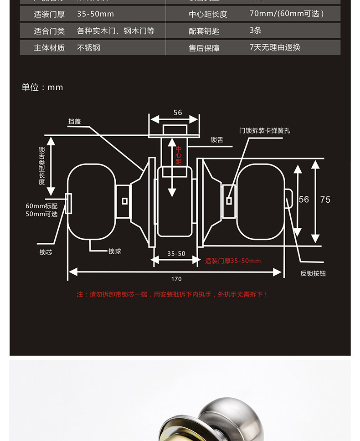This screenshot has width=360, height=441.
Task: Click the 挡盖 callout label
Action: coord(74,121)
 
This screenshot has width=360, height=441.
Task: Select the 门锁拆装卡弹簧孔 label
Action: coord(264,131)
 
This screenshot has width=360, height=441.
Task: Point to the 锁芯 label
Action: coord(46,252)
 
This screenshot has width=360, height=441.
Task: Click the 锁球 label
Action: coord(114,251)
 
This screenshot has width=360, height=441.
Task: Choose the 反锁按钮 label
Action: coord(313,273)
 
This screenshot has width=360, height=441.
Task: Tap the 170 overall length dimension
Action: coord(176,279)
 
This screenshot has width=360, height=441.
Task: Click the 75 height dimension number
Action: coord(325,200)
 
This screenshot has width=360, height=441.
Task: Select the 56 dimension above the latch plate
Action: coord(177,113)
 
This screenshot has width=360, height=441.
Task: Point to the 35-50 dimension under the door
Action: coord(176,254)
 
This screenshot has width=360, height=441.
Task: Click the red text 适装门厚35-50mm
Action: coord(233,261)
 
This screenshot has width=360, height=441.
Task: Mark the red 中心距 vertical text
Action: coord(179,155)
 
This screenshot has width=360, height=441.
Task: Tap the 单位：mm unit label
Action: coord(42,87)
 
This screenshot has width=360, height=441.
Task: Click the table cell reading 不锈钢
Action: coord(88,47)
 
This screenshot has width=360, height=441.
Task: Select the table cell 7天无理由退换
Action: coord(275,47)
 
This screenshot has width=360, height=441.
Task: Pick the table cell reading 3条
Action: coord(255,31)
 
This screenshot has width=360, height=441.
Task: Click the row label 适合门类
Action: coord(49,31)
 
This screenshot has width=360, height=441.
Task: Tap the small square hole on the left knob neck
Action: coord(124,200)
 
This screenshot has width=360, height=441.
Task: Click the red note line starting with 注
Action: coord(172,294)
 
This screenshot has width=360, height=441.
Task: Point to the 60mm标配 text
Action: coord(41,206)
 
